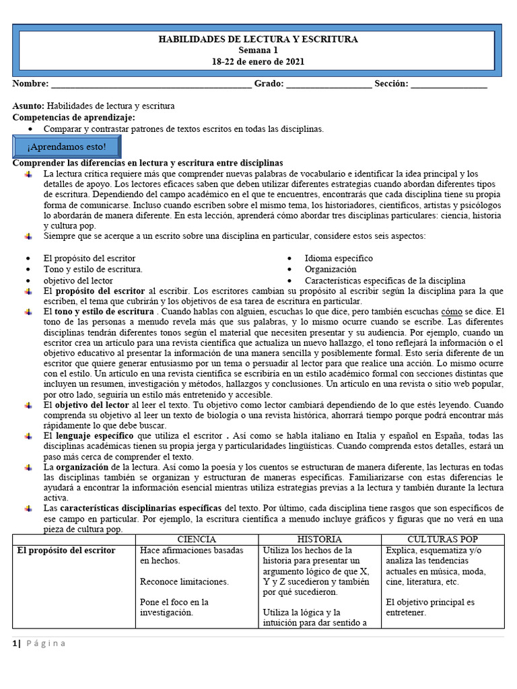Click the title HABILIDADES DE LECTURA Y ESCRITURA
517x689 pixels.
click(x=258, y=40)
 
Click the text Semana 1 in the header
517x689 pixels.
click(x=258, y=50)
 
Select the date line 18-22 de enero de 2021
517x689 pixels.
click(x=258, y=61)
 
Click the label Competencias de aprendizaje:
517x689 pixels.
click(x=73, y=117)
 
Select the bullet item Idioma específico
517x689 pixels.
click(x=339, y=258)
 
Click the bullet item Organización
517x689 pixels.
click(x=331, y=269)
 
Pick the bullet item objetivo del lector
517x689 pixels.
click(x=78, y=281)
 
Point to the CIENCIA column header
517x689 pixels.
click(x=197, y=540)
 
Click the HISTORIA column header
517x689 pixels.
click(x=320, y=540)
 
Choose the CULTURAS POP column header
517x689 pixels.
click(x=442, y=540)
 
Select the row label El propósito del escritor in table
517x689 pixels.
click(x=66, y=550)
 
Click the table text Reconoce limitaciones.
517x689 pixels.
click(x=184, y=581)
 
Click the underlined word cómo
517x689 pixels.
click(x=451, y=312)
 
